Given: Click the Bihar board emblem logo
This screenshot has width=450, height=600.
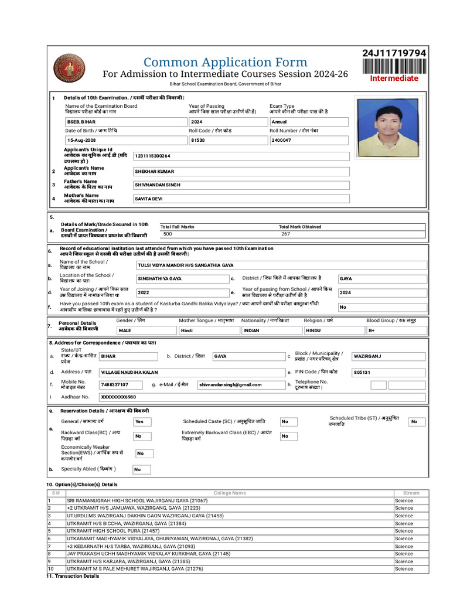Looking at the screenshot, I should [x=69, y=68].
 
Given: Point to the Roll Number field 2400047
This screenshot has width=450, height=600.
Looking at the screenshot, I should [x=309, y=141].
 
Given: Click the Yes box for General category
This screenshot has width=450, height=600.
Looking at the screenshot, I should [x=142, y=421].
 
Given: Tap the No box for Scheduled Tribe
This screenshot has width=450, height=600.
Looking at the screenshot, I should [x=416, y=421].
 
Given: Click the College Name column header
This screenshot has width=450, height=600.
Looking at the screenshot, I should [x=230, y=493].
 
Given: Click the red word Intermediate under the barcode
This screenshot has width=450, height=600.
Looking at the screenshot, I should [x=394, y=78].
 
